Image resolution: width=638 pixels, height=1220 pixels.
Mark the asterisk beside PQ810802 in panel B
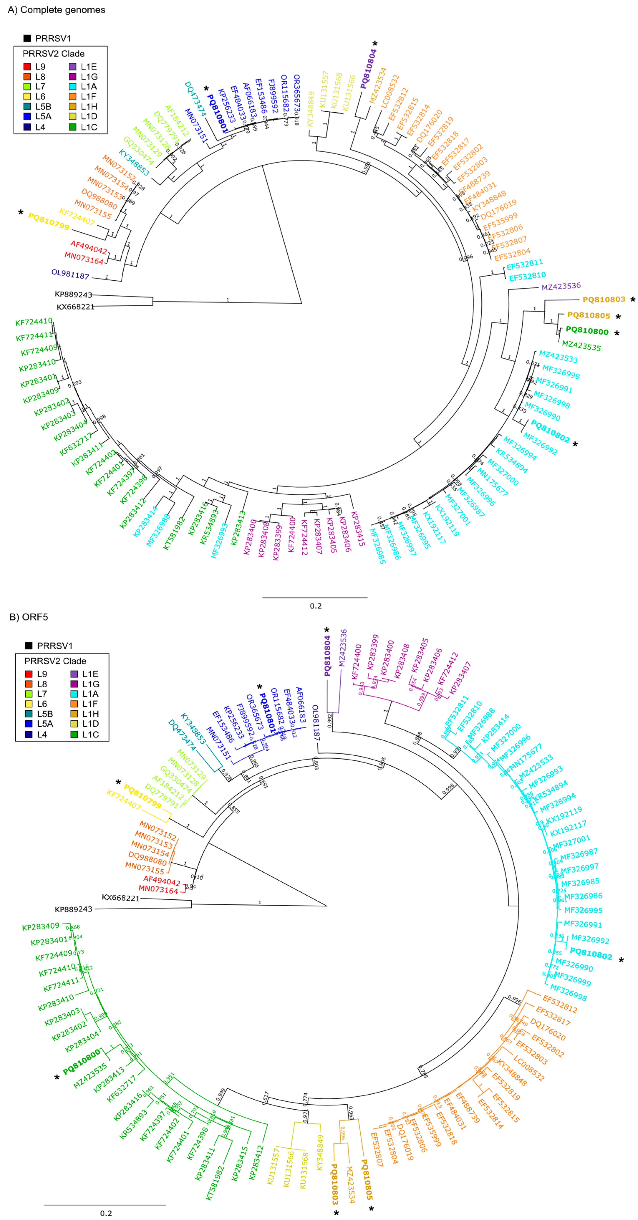coord(621,960)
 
